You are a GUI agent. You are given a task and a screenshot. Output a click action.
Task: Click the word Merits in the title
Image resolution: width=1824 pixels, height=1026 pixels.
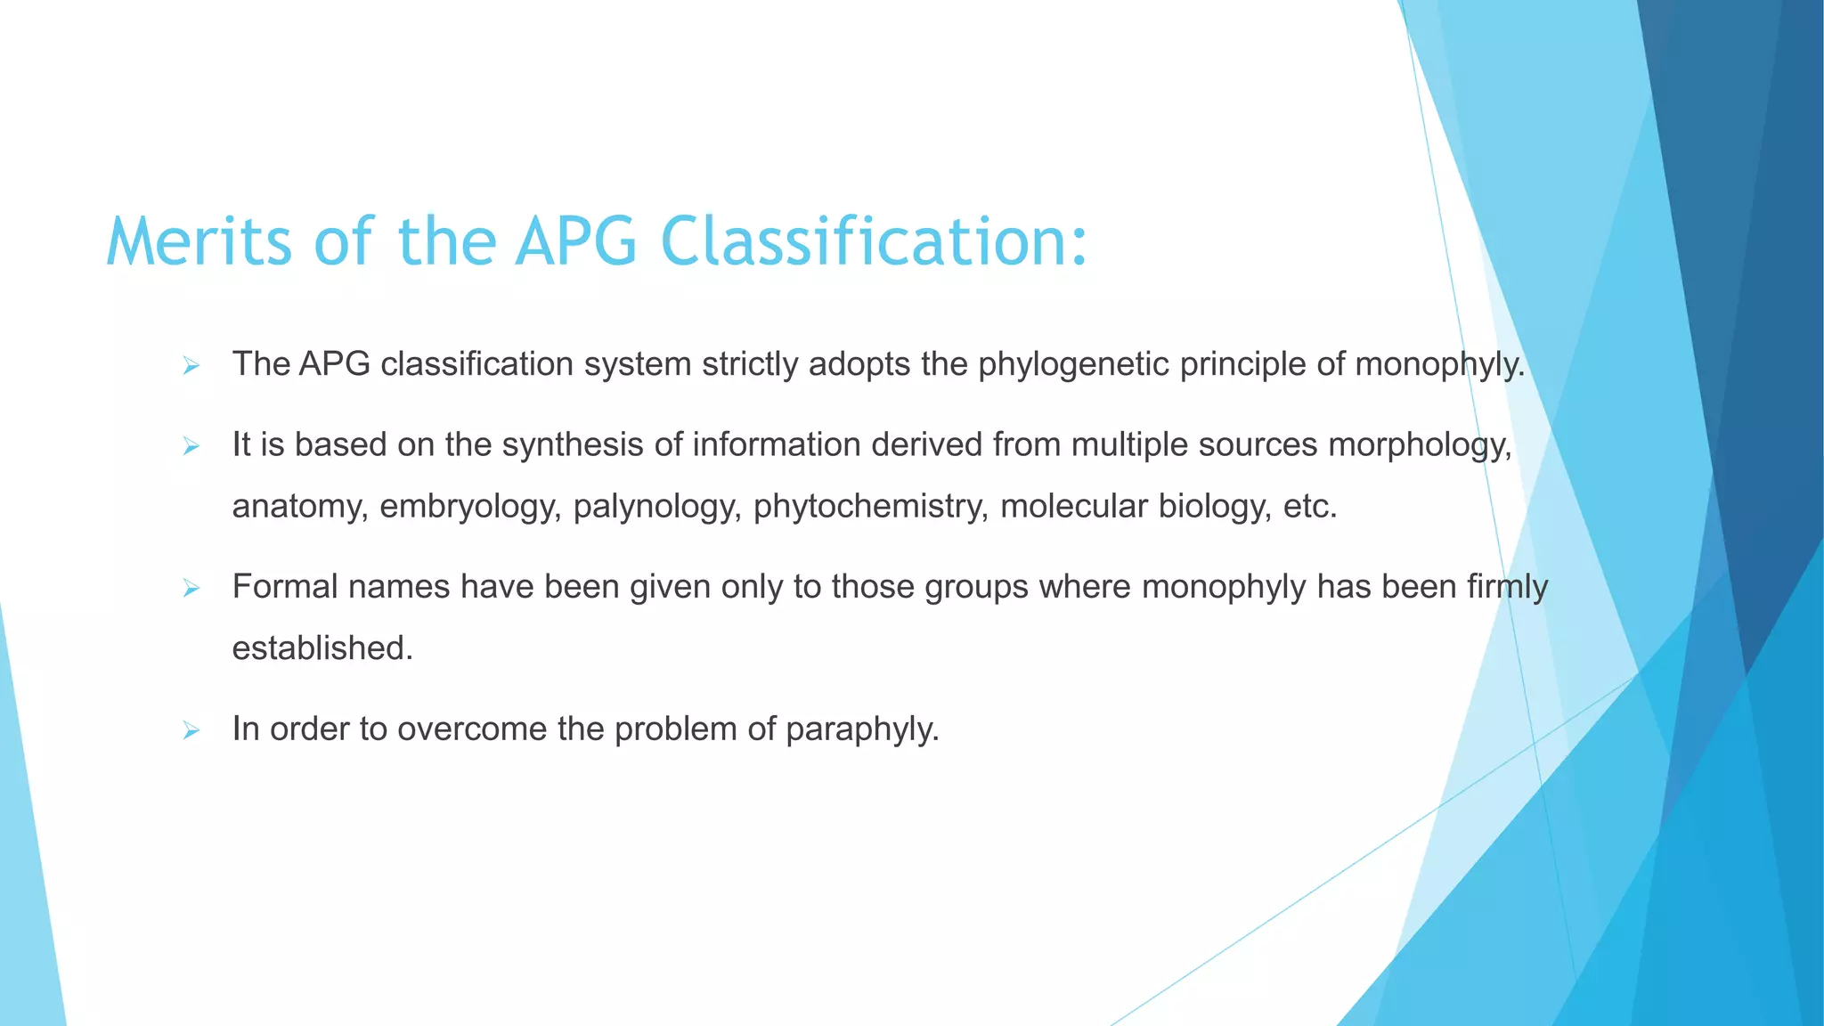coord(199,242)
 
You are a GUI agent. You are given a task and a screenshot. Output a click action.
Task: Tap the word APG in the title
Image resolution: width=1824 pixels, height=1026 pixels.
coord(576,242)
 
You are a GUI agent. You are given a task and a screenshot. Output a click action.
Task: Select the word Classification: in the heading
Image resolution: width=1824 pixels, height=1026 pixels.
coord(874,242)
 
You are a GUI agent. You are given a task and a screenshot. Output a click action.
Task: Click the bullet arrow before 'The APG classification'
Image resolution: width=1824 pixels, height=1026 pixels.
coord(191,365)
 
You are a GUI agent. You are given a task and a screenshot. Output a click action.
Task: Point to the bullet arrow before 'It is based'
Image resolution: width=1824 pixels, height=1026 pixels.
coord(191,445)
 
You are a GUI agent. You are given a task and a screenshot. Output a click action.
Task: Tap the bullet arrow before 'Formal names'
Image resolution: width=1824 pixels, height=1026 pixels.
coord(191,588)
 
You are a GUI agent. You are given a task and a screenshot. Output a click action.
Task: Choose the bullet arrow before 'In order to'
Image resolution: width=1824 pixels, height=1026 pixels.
coord(191,730)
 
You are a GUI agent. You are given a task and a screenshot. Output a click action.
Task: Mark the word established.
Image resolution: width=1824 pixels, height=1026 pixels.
coord(322,648)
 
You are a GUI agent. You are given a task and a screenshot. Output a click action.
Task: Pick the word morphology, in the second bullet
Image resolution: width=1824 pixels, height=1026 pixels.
coord(1420,444)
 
